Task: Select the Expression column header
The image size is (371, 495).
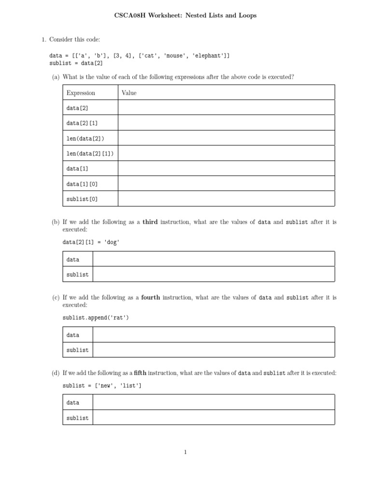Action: pos(81,93)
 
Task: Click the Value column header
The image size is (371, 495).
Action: pos(129,93)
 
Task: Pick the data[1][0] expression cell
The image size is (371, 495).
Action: pos(82,184)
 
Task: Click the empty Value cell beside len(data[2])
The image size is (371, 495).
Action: pos(226,138)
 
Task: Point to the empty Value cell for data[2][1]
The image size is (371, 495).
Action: pos(226,123)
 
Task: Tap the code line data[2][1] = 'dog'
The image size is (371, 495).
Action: pos(91,242)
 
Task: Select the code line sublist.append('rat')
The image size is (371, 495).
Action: pos(96,318)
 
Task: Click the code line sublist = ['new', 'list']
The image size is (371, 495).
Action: pos(102,385)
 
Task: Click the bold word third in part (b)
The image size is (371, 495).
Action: pos(150,222)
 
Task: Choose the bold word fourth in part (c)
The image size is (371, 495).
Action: pos(151,298)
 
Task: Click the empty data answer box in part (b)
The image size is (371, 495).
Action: pos(213,259)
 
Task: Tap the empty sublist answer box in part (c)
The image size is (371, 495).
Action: pos(213,350)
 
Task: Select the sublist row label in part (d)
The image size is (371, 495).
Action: pos(77,418)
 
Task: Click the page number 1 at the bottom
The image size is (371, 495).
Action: pos(185,452)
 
